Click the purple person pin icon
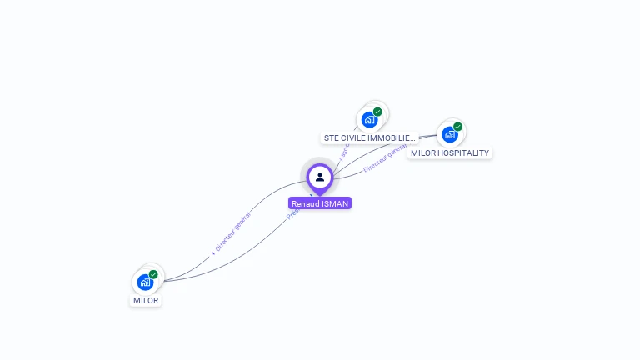click(320, 177)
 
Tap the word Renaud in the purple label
click(306, 203)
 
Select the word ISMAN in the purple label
click(335, 203)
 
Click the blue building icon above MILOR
click(145, 282)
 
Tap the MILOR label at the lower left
click(146, 300)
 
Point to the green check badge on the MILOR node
click(153, 274)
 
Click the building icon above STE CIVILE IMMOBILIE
click(369, 119)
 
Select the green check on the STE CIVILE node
click(377, 112)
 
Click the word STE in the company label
click(331, 138)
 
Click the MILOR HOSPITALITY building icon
click(449, 134)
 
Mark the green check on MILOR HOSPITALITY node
click(457, 127)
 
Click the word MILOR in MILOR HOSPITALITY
click(425, 153)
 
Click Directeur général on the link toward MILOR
click(232, 232)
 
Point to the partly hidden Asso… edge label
click(343, 152)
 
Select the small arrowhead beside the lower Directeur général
click(212, 252)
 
